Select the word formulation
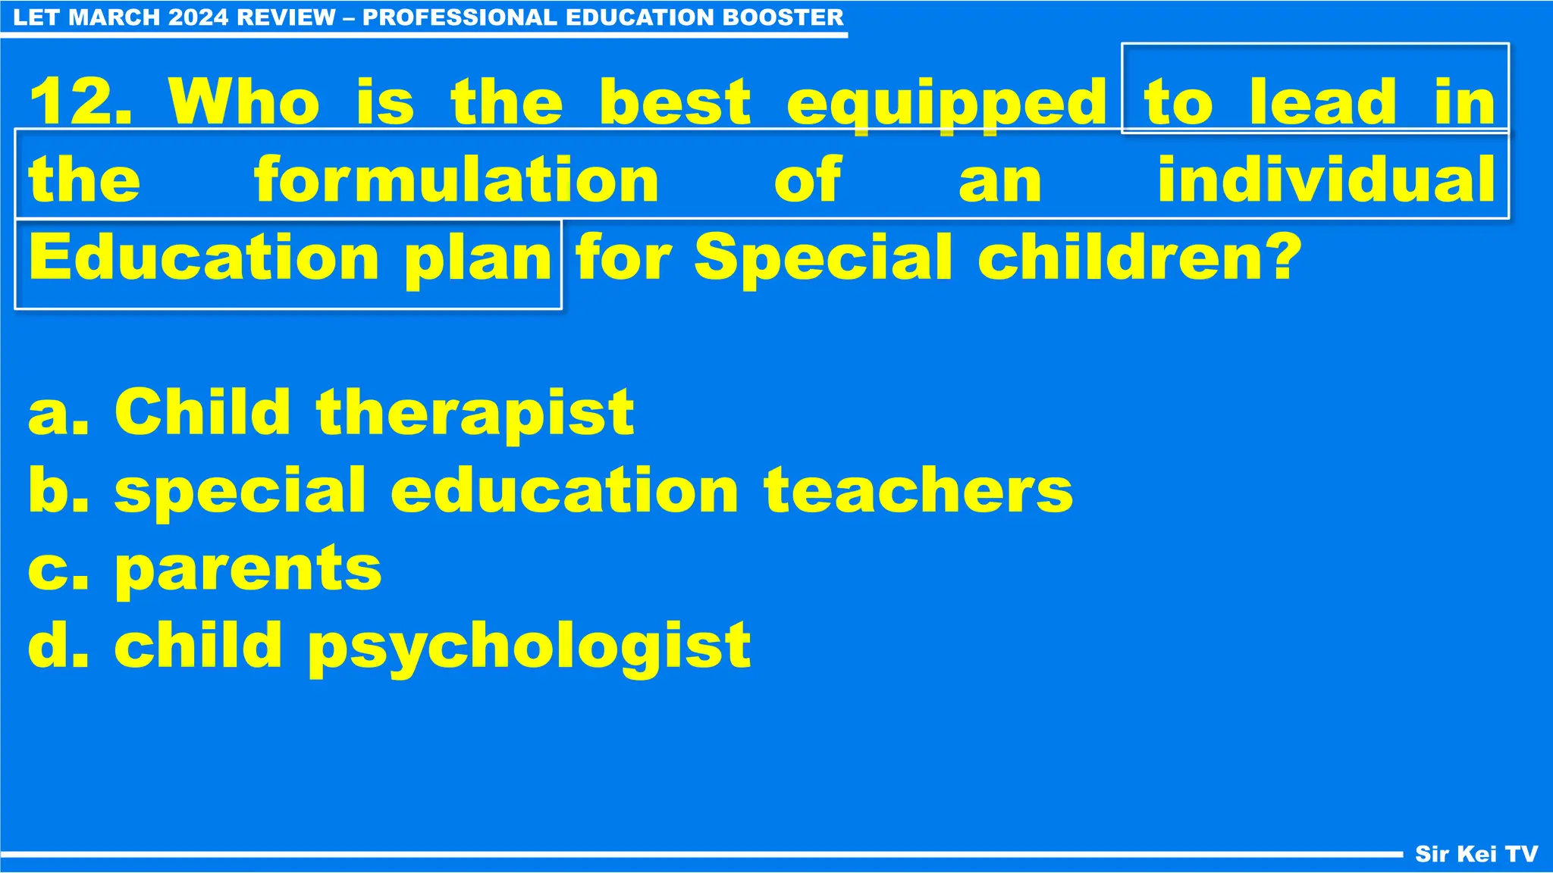pyautogui.click(x=456, y=180)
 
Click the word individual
pyautogui.click(x=1326, y=180)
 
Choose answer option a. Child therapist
pyautogui.click(x=331, y=413)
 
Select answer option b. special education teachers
pyautogui.click(x=551, y=491)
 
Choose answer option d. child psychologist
pyautogui.click(x=389, y=646)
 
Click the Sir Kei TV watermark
pyautogui.click(x=1476, y=854)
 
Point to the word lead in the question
pyautogui.click(x=1322, y=102)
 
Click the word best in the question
pyautogui.click(x=674, y=102)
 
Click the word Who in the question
pyautogui.click(x=244, y=102)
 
